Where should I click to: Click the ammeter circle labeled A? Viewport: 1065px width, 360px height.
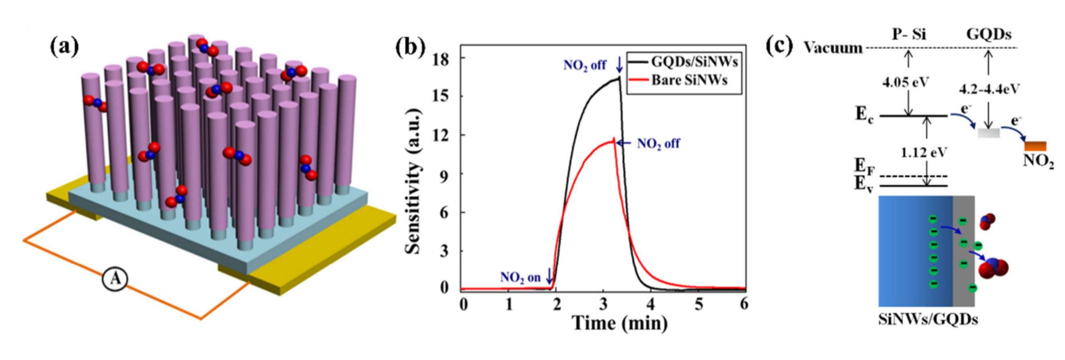pyautogui.click(x=115, y=280)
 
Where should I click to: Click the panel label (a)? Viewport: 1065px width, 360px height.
pyautogui.click(x=64, y=46)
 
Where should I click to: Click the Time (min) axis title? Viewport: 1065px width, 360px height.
pyautogui.click(x=619, y=323)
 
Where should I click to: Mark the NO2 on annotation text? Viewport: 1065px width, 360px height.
pyautogui.click(x=520, y=278)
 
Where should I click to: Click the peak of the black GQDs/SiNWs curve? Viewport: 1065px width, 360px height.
pyautogui.click(x=619, y=77)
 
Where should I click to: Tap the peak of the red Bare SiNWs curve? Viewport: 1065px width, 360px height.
pyautogui.click(x=614, y=139)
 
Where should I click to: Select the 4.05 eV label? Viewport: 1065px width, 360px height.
pyautogui.click(x=906, y=82)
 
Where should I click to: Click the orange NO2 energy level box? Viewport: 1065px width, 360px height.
pyautogui.click(x=1035, y=146)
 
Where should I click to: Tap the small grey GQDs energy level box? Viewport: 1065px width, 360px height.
pyautogui.click(x=988, y=133)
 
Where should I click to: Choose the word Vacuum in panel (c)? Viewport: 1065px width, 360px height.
pyautogui.click(x=833, y=48)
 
